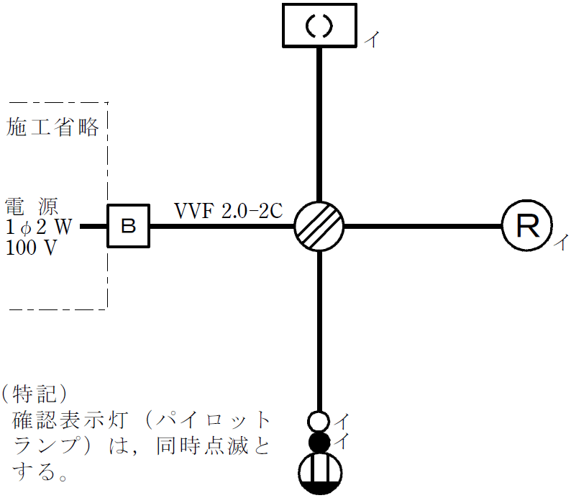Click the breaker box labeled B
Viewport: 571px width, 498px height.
coord(129,226)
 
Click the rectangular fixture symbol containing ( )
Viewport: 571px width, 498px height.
coord(319,27)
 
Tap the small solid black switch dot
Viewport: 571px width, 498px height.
coord(319,441)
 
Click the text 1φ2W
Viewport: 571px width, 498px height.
coord(40,226)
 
